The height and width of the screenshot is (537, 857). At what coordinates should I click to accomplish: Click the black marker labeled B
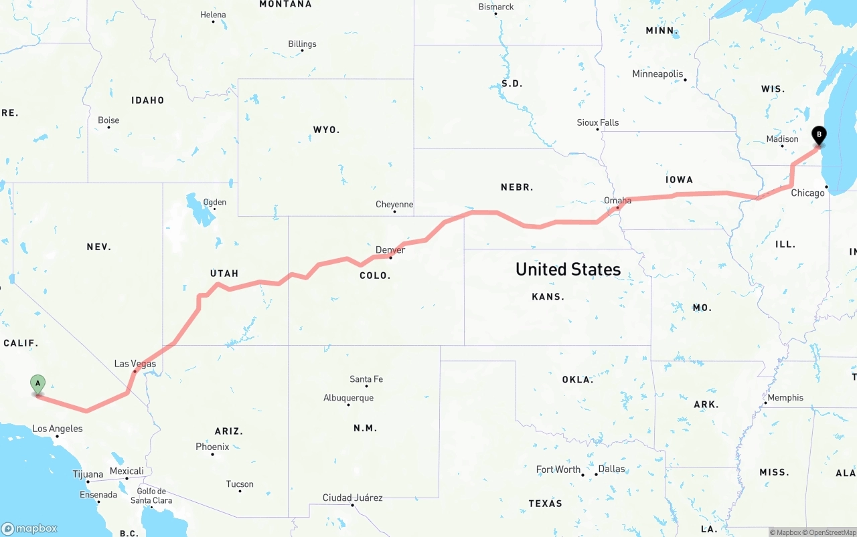[x=818, y=135]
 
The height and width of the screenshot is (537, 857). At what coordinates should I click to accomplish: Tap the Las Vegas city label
[x=135, y=364]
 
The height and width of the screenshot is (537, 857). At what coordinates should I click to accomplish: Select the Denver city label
[x=390, y=250]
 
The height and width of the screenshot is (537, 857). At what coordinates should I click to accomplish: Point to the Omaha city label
[x=617, y=201]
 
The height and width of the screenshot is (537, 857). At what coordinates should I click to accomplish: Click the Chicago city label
[x=808, y=193]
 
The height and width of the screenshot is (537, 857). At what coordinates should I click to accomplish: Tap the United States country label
[x=568, y=270]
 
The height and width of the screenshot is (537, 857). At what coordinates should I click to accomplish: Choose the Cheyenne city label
[x=394, y=205]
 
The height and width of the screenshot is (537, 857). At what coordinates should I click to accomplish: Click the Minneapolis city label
[x=657, y=74]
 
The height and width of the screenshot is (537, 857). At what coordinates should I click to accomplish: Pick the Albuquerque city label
[x=348, y=398]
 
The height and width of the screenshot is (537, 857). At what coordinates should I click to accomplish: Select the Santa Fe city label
[x=366, y=379]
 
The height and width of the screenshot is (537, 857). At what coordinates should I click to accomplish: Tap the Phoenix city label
[x=212, y=447]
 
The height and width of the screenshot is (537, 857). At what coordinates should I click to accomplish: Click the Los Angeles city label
[x=58, y=429]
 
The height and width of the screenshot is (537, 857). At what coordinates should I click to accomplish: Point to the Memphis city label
[x=785, y=397]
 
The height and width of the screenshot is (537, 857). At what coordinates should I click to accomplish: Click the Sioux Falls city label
[x=598, y=122]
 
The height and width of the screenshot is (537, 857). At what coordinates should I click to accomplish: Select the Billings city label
[x=302, y=44]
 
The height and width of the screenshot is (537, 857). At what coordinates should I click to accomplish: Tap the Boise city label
[x=108, y=120]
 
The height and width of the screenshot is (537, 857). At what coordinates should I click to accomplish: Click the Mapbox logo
[x=29, y=528]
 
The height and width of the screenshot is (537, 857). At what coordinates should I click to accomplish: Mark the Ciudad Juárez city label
[x=352, y=498]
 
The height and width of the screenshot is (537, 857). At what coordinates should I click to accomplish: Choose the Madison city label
[x=783, y=139]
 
